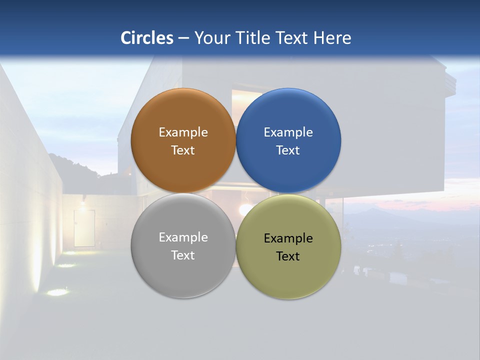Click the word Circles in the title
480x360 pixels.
(x=147, y=38)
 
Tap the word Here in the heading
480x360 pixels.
(x=332, y=38)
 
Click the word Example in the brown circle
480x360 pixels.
(x=183, y=132)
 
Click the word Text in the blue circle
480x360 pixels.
(x=288, y=150)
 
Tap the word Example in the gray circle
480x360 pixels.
(x=183, y=237)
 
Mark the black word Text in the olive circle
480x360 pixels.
(x=288, y=256)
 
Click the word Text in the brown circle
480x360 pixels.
(x=183, y=150)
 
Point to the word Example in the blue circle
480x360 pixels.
(x=288, y=132)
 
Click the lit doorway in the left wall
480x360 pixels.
(x=84, y=227)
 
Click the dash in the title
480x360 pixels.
(x=183, y=38)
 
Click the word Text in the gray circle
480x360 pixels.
(x=183, y=255)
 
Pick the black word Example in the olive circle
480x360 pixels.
(x=288, y=238)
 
